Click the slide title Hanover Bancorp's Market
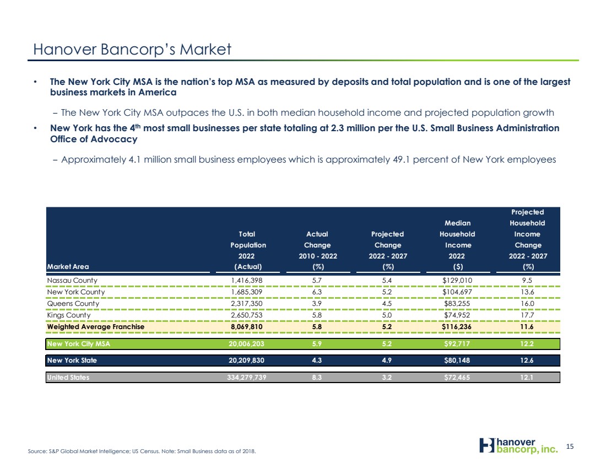pyautogui.click(x=132, y=50)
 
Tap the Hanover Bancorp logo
pyautogui.click(x=518, y=445)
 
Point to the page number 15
pyautogui.click(x=570, y=447)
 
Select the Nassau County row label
pyautogui.click(x=72, y=281)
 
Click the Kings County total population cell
pyautogui.click(x=247, y=315)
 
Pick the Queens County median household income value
pyautogui.click(x=457, y=304)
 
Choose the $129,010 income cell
pyautogui.click(x=457, y=281)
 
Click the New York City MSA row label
pyautogui.click(x=78, y=344)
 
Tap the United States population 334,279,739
pyautogui.click(x=247, y=378)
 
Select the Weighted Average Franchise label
pyautogui.click(x=95, y=327)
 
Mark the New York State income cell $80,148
pyautogui.click(x=457, y=361)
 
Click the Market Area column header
pyautogui.click(x=68, y=266)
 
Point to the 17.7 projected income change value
pyautogui.click(x=527, y=315)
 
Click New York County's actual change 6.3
pyautogui.click(x=317, y=292)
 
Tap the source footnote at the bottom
pyautogui.click(x=142, y=451)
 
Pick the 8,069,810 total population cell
pyautogui.click(x=247, y=327)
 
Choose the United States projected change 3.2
pyautogui.click(x=387, y=378)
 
